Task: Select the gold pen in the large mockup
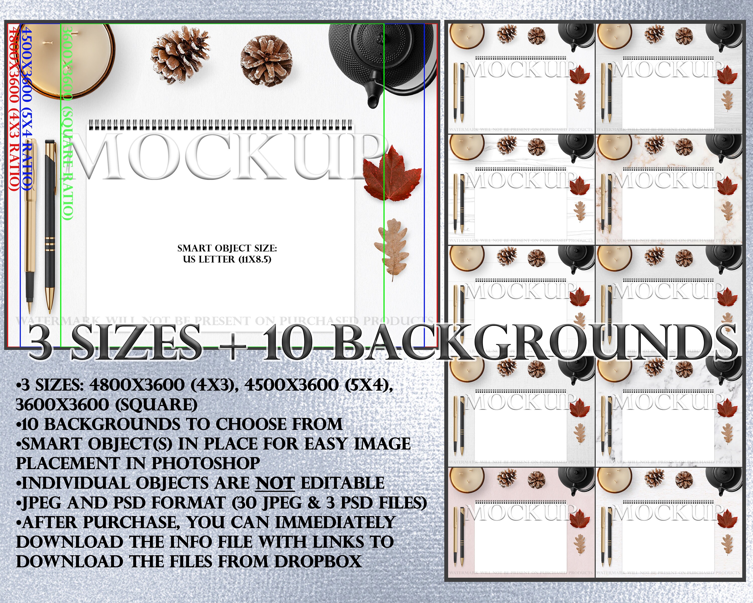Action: [30, 224]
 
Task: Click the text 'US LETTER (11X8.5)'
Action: [227, 259]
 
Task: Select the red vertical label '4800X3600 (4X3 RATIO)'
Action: [13, 108]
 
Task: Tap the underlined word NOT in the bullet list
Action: [275, 483]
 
